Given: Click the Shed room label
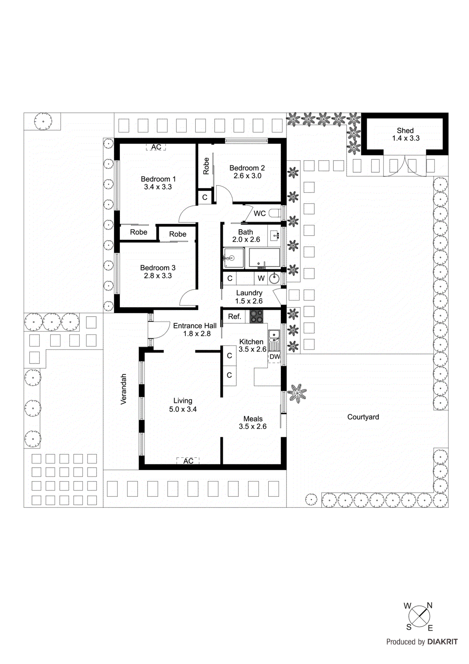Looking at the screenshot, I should (405, 130).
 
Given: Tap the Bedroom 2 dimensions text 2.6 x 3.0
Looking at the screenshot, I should (247, 176).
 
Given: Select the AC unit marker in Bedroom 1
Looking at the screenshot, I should (156, 147).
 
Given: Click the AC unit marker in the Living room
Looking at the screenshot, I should (188, 461).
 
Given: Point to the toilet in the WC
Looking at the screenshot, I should (275, 213).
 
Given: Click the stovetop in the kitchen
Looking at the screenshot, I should (256, 317).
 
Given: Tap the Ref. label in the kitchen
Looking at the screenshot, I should (234, 317).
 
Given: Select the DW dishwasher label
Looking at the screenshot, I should (275, 357).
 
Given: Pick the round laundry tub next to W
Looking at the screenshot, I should (274, 278).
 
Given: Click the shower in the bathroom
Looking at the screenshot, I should (233, 258).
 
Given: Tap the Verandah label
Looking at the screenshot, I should (124, 389).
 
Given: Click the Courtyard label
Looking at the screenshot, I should (363, 417).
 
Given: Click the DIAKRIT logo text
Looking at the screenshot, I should (442, 642).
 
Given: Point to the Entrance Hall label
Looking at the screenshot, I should (194, 326).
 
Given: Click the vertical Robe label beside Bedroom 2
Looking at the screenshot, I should (206, 166).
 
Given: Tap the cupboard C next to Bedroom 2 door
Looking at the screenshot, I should (204, 198).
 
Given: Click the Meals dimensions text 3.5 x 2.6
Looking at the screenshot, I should (253, 427).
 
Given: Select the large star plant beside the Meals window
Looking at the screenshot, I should (296, 393).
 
